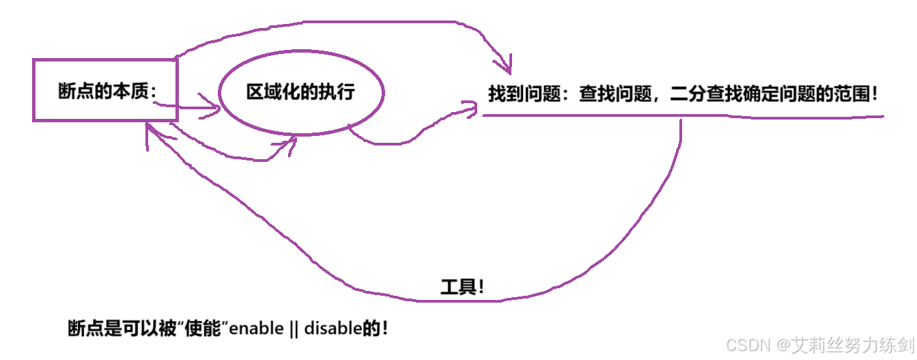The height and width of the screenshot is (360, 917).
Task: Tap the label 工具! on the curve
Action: [x=462, y=287]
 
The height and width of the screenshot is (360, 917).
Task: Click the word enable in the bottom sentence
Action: [x=256, y=329]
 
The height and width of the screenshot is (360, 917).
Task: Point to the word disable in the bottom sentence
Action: [x=332, y=329]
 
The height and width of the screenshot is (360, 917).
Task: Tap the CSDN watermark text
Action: [x=748, y=346]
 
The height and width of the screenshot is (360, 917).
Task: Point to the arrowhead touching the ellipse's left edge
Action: [x=216, y=107]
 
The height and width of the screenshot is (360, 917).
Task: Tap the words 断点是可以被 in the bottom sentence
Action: [x=120, y=329]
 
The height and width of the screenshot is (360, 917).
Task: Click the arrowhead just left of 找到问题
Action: [x=471, y=108]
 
